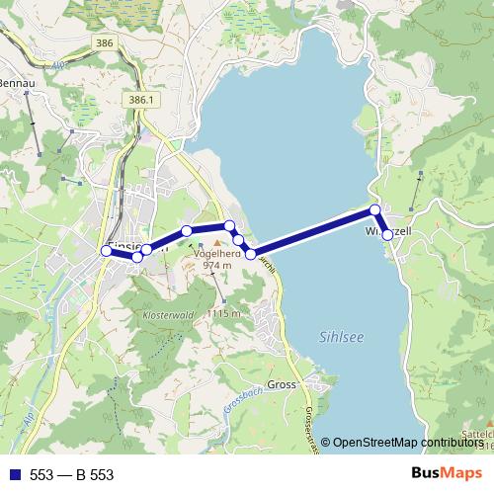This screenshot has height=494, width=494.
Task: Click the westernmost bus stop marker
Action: [x=107, y=251]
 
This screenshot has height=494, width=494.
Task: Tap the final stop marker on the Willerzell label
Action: [x=388, y=235]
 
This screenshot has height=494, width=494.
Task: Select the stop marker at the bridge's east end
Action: [x=375, y=210]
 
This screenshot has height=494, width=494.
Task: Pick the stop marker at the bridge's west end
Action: [x=250, y=254]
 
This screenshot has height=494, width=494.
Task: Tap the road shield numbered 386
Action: [x=105, y=43]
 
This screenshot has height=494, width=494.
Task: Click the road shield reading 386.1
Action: [x=141, y=101]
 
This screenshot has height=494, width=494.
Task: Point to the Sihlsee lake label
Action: [x=343, y=336]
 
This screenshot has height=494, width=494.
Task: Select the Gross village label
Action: [x=283, y=385]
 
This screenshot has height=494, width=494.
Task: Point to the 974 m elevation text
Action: [x=215, y=265]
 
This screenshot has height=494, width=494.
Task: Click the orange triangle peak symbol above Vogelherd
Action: [x=218, y=240]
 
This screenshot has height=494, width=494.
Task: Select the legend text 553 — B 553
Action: [x=71, y=474]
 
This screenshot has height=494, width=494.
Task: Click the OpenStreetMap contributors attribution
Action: [x=405, y=443]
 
